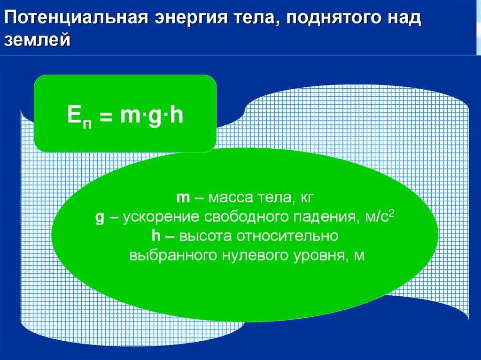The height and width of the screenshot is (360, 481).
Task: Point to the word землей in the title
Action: coord(38,41)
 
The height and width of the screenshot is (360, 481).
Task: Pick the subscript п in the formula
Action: coord(87,122)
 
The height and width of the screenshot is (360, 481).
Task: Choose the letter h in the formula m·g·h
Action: coord(176,115)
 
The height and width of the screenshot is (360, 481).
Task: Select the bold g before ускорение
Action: coord(99,218)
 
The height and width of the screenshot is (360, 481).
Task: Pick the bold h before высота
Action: coord(156,237)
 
